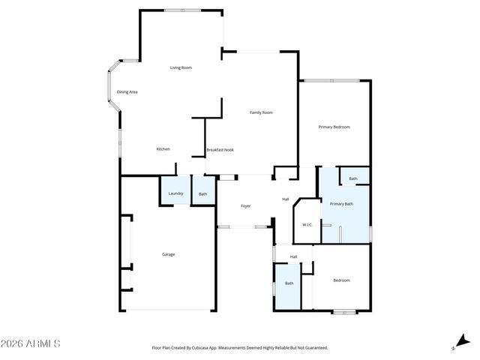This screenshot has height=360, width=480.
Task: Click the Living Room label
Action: pyautogui.click(x=181, y=68)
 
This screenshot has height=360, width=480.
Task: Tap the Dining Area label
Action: pyautogui.click(x=127, y=92)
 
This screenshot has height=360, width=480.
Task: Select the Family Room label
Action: pyautogui.click(x=261, y=112)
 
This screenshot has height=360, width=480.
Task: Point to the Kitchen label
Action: pyautogui.click(x=163, y=149)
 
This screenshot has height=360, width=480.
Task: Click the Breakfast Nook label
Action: pyautogui.click(x=220, y=150)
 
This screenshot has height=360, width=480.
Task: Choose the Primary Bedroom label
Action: pyautogui.click(x=334, y=127)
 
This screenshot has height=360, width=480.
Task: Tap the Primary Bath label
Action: pyautogui.click(x=341, y=204)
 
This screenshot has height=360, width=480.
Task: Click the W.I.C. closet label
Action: pyautogui.click(x=307, y=225)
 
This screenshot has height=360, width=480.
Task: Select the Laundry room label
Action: pyautogui.click(x=175, y=193)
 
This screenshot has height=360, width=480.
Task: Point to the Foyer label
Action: pyautogui.click(x=245, y=205)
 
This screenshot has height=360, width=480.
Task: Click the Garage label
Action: pyautogui.click(x=169, y=254)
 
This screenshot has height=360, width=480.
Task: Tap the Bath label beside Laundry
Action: pyautogui.click(x=202, y=194)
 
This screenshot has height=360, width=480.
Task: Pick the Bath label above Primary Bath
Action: pyautogui.click(x=353, y=178)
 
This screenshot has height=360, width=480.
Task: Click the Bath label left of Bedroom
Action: pyautogui.click(x=289, y=283)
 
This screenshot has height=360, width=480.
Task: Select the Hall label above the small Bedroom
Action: pyautogui.click(x=294, y=257)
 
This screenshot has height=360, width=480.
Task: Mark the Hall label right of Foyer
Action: pyautogui.click(x=286, y=199)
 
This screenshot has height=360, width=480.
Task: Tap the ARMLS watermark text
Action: pyautogui.click(x=31, y=343)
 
